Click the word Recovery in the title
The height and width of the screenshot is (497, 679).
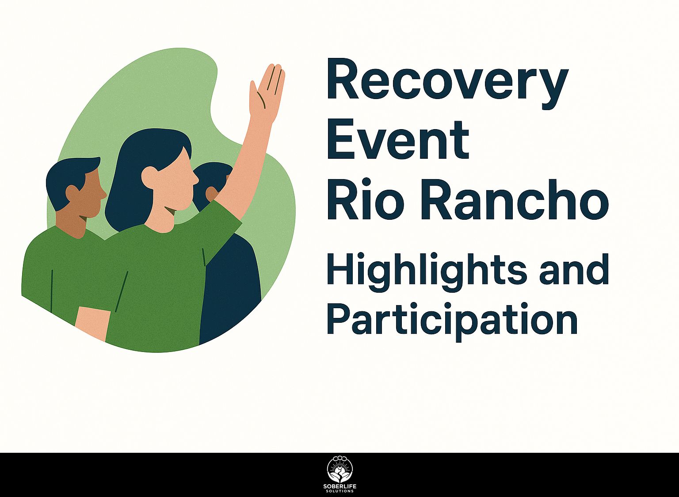click(447, 84)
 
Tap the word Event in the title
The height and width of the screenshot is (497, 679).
click(398, 140)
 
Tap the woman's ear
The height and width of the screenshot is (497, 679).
click(149, 176)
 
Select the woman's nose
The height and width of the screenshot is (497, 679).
click(195, 179)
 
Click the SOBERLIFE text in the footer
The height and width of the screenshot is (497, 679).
click(340, 487)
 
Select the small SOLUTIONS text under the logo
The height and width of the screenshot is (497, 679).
click(340, 491)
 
